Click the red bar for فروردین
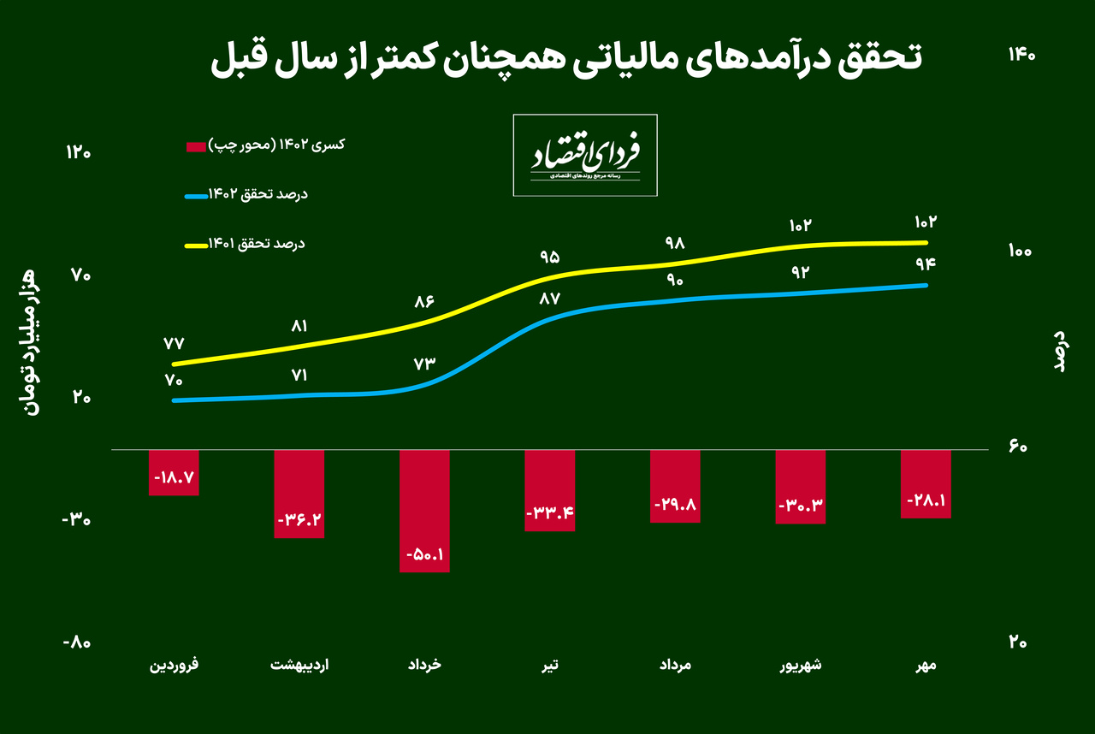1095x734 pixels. pos(174,472)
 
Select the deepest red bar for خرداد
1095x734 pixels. pos(424,511)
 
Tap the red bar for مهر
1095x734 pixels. pos(926,483)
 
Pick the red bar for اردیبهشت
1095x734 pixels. pos(299,494)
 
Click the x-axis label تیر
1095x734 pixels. pos(549,665)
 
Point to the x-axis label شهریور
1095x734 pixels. pos(802,665)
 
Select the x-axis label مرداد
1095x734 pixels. pos(675,665)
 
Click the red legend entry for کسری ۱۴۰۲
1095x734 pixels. pos(265,145)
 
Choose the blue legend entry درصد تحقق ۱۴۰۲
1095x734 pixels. pos(247,195)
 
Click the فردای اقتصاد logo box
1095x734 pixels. pos(585,155)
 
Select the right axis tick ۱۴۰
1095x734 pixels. pos(1021,55)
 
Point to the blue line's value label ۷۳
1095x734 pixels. pos(424,363)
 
